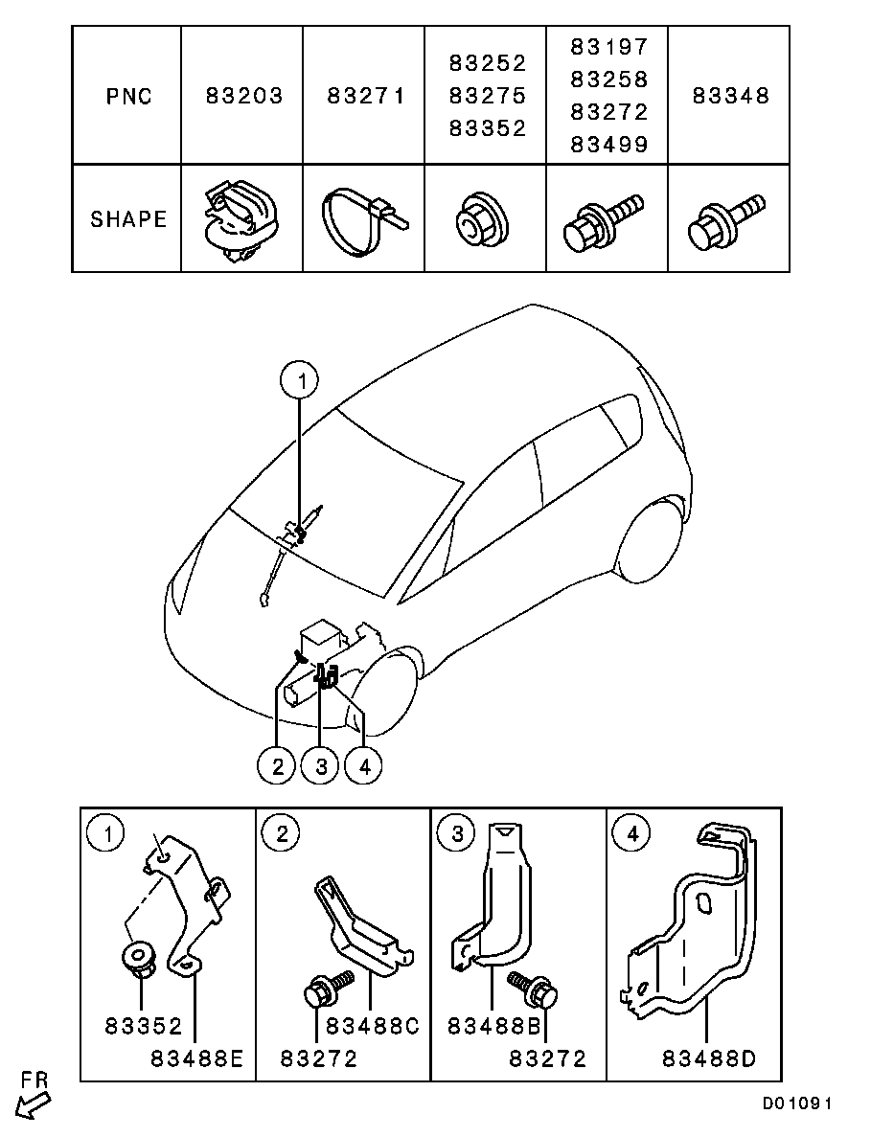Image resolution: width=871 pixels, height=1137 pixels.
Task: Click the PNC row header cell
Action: (128, 96)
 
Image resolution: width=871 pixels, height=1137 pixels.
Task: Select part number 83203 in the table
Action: (244, 96)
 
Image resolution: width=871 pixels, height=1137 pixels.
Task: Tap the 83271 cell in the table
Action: (365, 96)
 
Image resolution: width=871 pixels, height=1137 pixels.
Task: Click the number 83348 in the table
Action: (731, 96)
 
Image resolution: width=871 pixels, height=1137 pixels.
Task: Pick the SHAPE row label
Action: (128, 218)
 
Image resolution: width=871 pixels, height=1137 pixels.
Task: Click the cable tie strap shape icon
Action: (362, 221)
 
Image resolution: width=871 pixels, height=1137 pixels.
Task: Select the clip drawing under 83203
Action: (241, 219)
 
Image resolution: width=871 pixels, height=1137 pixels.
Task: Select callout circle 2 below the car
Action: (277, 765)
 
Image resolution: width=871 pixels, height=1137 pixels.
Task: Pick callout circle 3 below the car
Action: (320, 765)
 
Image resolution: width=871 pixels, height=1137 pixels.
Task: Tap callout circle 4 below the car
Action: (363, 765)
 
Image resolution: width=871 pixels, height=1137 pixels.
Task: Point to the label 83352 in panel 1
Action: (143, 1026)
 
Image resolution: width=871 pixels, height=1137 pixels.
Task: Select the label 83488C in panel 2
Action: (373, 1026)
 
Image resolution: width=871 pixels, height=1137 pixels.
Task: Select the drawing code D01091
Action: (796, 1103)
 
